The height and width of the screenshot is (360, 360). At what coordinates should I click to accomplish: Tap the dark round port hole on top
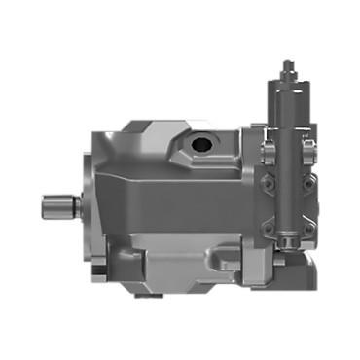[x=203, y=144]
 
